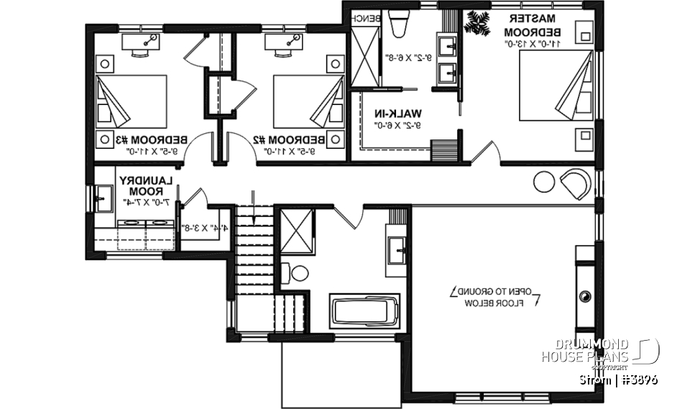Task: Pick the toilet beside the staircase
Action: click(296, 273)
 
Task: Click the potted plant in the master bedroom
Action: click(477, 23)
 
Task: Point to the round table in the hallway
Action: click(544, 183)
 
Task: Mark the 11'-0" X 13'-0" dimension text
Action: click(533, 45)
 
